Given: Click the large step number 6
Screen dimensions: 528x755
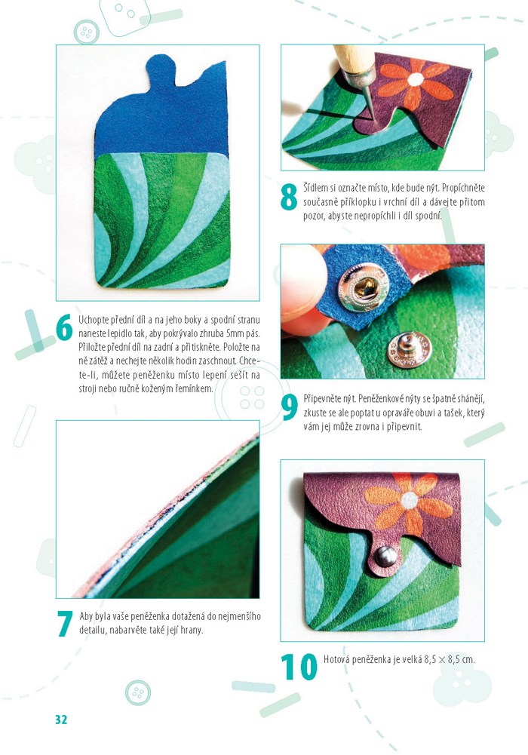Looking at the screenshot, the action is [x=64, y=327].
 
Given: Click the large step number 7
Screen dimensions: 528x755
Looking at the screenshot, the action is [x=65, y=624].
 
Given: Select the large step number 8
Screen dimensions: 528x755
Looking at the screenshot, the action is [x=289, y=198].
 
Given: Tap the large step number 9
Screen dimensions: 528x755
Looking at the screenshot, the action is [x=290, y=407].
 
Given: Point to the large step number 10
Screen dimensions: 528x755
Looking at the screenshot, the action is [x=299, y=667].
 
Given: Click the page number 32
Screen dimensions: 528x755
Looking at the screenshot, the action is [x=61, y=720].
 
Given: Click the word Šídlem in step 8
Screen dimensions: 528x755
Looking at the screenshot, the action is [x=315, y=188].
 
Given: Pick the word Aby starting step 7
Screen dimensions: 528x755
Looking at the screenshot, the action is [x=86, y=617].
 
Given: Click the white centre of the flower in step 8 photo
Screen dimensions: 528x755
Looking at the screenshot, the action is [x=416, y=79].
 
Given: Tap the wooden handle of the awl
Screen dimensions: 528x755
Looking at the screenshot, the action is [x=355, y=59].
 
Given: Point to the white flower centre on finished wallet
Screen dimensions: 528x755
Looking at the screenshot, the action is [x=409, y=500].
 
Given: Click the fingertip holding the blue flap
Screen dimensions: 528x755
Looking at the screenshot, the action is [x=301, y=289].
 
